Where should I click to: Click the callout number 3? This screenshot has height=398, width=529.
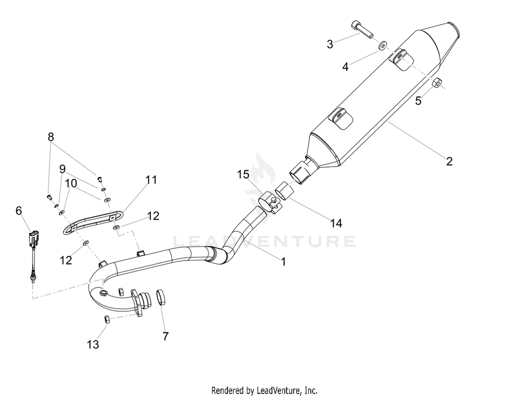point(330,44)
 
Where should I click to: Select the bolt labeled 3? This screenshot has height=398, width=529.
point(362,30)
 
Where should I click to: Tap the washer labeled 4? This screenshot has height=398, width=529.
point(383,45)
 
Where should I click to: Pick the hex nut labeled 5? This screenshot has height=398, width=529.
point(437,83)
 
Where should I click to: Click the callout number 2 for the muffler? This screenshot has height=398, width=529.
point(449,161)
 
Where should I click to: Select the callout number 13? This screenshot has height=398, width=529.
point(93,344)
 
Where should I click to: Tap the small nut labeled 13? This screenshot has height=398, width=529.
point(107,319)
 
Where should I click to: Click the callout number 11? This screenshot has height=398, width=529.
point(151,180)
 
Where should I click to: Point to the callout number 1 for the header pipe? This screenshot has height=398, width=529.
point(284,262)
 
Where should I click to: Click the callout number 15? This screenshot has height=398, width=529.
point(243,174)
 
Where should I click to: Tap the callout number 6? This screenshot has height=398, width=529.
point(19,211)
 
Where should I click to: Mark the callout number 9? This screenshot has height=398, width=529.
point(62,169)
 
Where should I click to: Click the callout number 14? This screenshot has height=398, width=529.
point(336,224)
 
